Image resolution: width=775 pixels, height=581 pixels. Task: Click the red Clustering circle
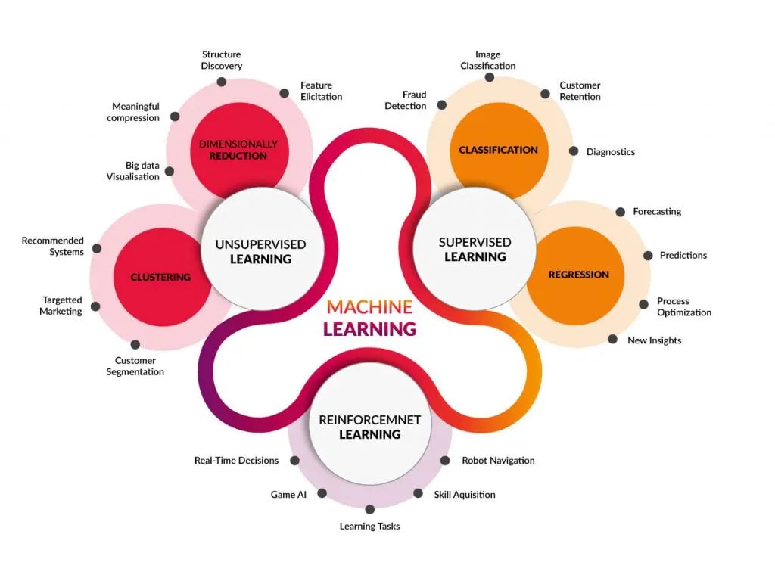[160, 277]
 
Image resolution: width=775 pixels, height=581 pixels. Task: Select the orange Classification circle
[498, 150]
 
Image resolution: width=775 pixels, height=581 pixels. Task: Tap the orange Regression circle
[578, 275]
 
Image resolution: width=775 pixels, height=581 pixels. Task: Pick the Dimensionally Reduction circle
[238, 149]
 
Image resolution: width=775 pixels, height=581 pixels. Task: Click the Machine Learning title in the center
[370, 318]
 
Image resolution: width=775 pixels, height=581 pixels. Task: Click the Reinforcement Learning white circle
[369, 427]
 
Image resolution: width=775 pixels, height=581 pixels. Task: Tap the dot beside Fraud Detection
[442, 105]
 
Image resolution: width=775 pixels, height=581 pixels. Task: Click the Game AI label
[288, 494]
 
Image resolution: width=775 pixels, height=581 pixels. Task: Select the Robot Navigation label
[498, 460]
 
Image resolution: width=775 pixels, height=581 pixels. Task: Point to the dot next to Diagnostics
[573, 151]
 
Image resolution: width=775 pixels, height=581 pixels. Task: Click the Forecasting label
[657, 212]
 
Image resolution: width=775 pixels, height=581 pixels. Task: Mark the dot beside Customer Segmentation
[135, 344]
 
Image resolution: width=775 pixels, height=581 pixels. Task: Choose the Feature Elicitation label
[321, 91]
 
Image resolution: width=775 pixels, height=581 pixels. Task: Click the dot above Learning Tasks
[370, 509]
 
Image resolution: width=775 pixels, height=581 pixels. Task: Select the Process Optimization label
[684, 306]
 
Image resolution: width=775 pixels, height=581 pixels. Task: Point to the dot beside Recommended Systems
[97, 247]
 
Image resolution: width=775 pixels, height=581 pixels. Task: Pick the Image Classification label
[488, 61]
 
